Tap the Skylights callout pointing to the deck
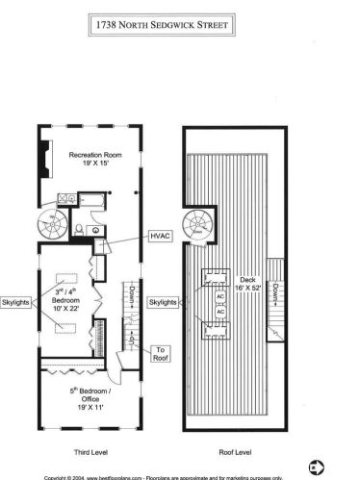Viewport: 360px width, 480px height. tap(164, 302)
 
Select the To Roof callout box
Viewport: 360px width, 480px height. tap(160, 354)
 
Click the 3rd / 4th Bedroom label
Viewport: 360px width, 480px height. tap(66, 294)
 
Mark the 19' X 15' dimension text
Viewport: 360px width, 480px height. tap(93, 164)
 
